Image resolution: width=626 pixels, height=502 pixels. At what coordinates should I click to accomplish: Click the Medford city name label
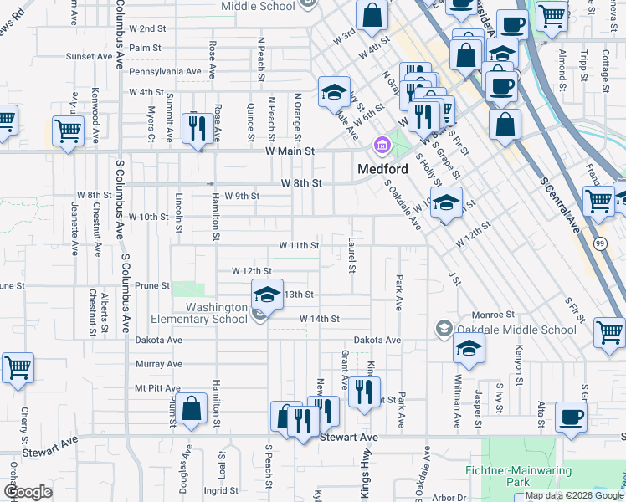(382, 167)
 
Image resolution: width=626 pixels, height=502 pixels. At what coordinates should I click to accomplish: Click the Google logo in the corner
(28, 492)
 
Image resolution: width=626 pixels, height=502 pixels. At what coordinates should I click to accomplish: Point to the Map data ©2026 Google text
(573, 495)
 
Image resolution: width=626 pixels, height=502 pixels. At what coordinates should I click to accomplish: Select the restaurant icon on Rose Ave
(198, 128)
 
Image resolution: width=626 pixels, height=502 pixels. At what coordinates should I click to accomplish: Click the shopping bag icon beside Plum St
(192, 409)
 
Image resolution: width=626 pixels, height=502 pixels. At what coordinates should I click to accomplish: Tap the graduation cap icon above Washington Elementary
(267, 295)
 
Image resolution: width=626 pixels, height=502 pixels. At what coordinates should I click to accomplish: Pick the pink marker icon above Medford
(382, 146)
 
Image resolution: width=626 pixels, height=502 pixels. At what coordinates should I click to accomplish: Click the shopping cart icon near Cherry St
(17, 367)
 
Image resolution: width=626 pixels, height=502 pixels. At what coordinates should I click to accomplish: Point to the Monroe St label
(498, 314)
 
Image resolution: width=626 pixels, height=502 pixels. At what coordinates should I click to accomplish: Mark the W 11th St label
(300, 245)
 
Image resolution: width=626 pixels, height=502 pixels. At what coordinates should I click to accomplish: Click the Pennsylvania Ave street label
(166, 72)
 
